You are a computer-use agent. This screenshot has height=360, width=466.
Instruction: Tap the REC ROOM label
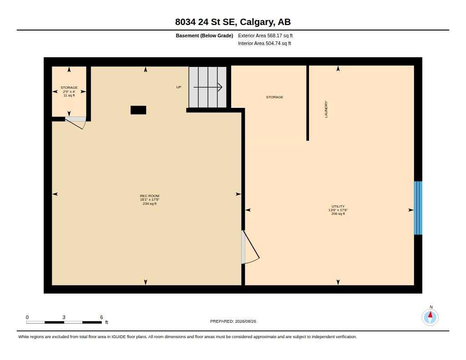(x=149, y=196)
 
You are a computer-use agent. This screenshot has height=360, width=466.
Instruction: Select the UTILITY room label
(x=338, y=206)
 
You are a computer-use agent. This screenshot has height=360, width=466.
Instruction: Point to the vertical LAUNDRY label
(x=326, y=109)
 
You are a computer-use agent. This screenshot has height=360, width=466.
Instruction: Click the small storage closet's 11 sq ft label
(x=69, y=96)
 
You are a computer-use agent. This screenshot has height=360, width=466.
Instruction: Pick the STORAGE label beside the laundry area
(x=274, y=97)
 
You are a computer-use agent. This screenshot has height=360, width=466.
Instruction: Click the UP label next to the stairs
(x=178, y=87)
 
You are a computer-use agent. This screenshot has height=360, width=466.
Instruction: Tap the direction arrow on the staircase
(x=208, y=87)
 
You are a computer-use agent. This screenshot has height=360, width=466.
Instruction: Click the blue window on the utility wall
(x=418, y=208)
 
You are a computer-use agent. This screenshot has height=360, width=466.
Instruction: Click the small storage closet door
(x=76, y=122)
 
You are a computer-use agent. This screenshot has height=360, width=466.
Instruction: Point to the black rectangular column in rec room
(x=138, y=110)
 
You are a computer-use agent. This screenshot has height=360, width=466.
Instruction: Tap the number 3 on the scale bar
(x=64, y=317)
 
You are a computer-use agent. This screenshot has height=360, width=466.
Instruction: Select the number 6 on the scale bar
(x=101, y=317)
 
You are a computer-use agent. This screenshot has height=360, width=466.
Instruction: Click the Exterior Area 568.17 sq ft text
(x=265, y=35)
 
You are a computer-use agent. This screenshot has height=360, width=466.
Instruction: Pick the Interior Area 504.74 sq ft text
(x=264, y=43)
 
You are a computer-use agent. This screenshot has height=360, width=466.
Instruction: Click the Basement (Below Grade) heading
(x=204, y=35)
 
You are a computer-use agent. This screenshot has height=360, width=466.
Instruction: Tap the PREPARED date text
(x=233, y=321)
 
